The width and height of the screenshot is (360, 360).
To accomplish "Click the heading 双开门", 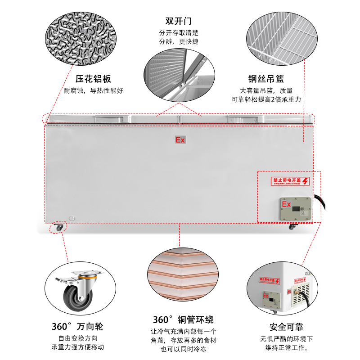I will (179, 21).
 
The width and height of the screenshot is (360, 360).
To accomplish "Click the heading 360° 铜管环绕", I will (183, 320).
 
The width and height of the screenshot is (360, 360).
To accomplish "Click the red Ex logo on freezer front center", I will (180, 140).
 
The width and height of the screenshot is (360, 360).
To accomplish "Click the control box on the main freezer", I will (295, 209).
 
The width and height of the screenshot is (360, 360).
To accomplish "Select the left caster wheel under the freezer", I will (59, 227).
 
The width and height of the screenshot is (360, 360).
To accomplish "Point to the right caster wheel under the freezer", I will (293, 226).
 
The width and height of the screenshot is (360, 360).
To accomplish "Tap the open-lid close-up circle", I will (179, 76).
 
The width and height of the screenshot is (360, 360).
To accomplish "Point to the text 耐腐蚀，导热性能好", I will (93, 90).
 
